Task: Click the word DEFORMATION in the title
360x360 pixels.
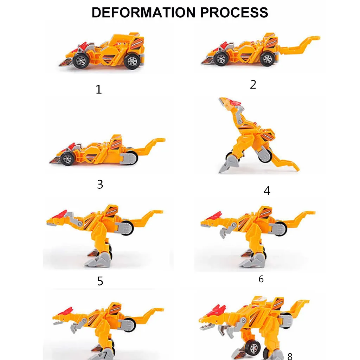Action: (x=143, y=12)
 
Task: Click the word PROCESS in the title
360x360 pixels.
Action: (x=234, y=12)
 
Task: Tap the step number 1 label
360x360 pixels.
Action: (x=99, y=90)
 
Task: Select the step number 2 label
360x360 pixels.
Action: (x=253, y=84)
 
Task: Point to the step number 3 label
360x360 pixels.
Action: (x=100, y=184)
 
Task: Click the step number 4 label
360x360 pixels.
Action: (x=267, y=191)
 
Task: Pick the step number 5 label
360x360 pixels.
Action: (x=100, y=281)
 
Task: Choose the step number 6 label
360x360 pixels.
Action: (x=261, y=279)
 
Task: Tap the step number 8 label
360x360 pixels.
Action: (x=290, y=356)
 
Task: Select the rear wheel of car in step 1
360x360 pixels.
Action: (x=132, y=61)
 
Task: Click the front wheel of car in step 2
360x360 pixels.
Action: (x=221, y=59)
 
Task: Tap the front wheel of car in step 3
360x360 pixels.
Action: (x=67, y=158)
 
